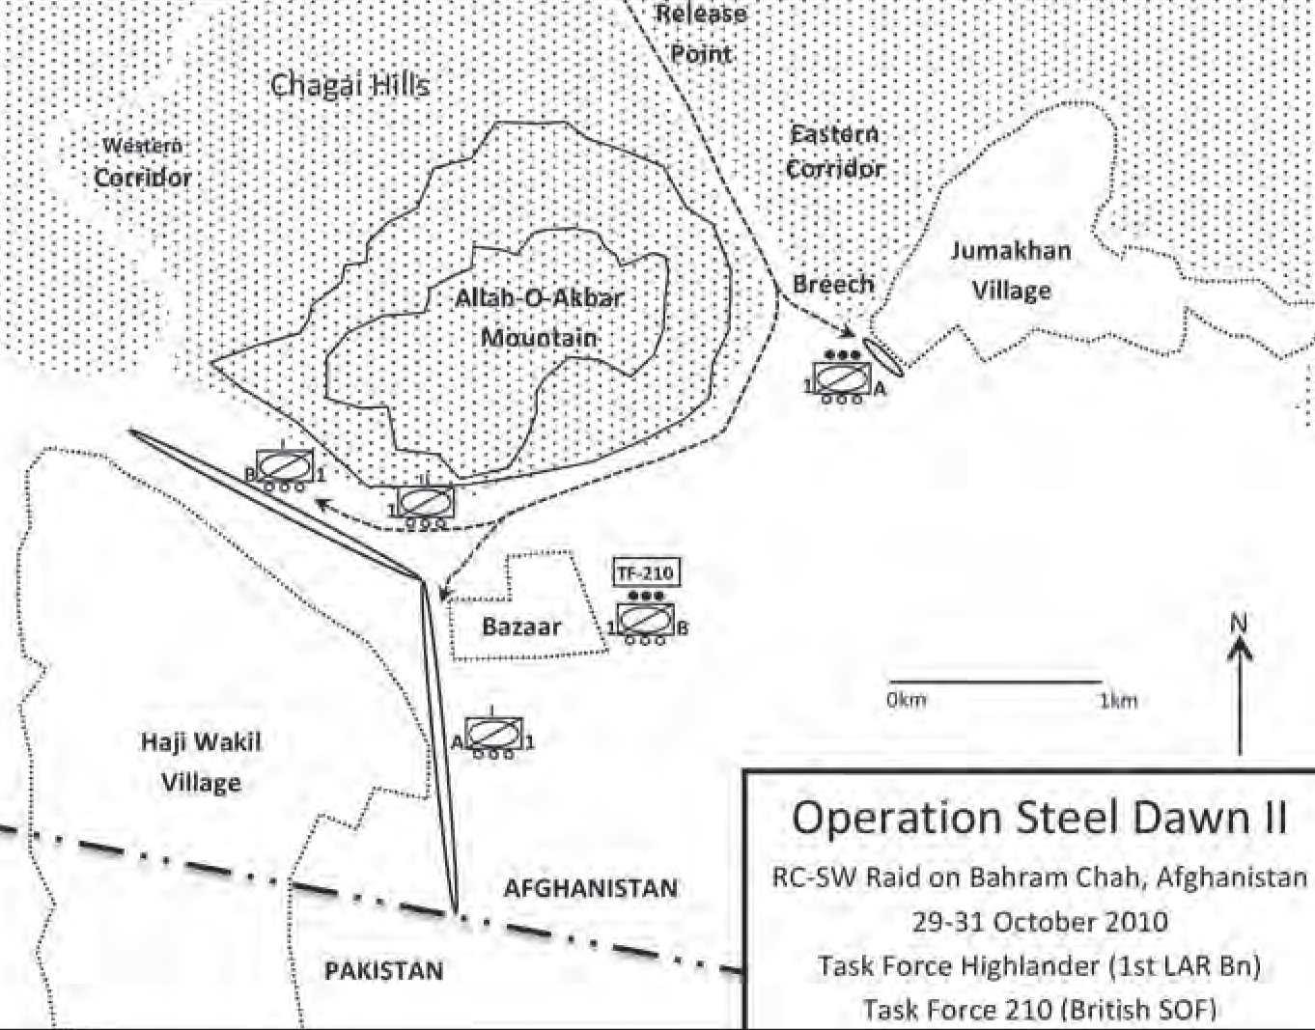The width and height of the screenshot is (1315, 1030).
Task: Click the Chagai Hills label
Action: [x=349, y=85]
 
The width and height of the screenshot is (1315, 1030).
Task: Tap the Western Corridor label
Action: [x=143, y=162]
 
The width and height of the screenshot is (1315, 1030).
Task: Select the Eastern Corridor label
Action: [x=834, y=152]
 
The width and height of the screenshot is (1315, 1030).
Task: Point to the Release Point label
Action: [x=701, y=33]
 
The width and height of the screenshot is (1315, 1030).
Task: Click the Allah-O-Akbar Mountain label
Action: [x=539, y=317]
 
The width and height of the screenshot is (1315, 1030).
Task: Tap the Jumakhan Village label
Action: [x=1010, y=270]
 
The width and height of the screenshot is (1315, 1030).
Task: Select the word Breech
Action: [x=832, y=284]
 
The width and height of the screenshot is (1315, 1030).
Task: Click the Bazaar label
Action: [x=521, y=626]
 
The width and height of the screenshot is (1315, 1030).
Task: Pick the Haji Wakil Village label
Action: [x=201, y=762]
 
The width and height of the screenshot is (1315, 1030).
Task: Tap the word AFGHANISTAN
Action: [x=590, y=888]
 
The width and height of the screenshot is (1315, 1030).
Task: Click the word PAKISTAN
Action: [x=384, y=970]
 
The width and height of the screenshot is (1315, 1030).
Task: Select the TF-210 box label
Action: [x=645, y=571]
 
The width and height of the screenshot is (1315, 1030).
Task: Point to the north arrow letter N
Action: [x=1240, y=624]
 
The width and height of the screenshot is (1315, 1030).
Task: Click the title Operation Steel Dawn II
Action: [x=1039, y=818]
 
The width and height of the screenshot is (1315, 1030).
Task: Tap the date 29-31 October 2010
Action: [x=1039, y=921]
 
